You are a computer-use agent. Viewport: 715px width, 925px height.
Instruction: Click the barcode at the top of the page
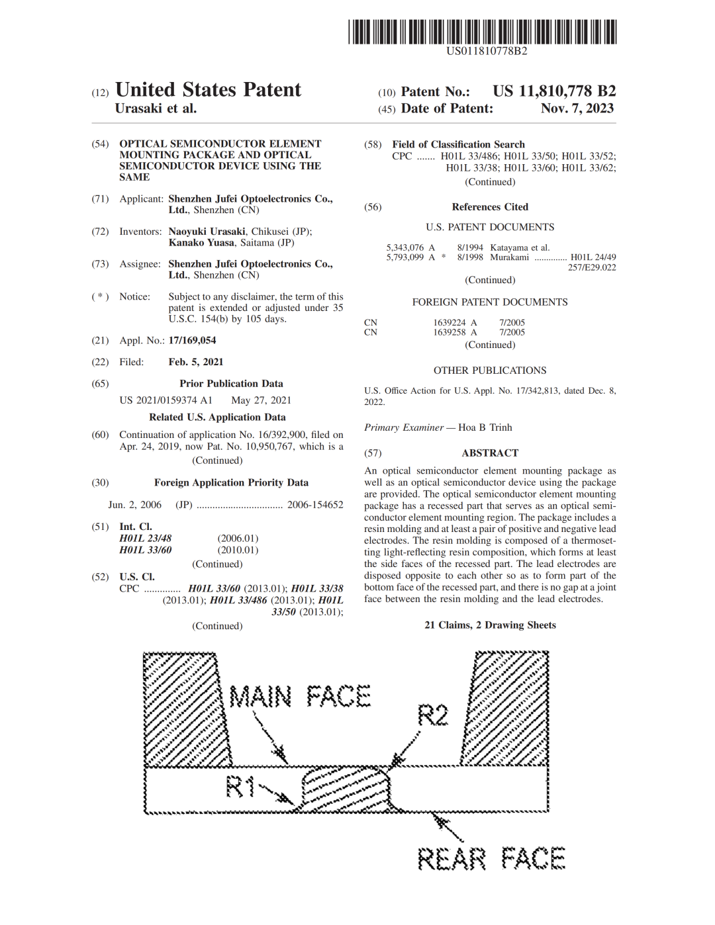(482, 32)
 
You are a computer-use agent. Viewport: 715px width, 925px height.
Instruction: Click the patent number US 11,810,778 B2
(554, 91)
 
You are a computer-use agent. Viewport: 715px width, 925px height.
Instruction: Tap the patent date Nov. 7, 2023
(577, 109)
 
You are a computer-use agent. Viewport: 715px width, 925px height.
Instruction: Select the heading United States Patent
(209, 90)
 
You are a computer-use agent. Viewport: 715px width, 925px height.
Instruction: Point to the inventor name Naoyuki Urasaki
(207, 232)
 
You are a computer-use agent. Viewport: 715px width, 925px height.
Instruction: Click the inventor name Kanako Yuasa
(201, 243)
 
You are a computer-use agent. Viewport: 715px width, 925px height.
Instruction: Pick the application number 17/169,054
(193, 340)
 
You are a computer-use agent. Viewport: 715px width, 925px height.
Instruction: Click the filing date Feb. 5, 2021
(196, 362)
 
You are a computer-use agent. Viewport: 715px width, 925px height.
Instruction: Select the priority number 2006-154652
(315, 505)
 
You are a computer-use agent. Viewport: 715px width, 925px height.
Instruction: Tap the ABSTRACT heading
(490, 453)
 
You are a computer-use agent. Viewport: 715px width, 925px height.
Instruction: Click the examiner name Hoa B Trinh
(485, 427)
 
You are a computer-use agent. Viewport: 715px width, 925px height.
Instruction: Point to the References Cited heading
(490, 207)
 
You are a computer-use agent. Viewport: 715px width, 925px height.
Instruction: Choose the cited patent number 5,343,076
(405, 247)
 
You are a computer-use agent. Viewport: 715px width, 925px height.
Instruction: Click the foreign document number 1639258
(450, 332)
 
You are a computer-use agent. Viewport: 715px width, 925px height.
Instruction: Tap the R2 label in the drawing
(433, 716)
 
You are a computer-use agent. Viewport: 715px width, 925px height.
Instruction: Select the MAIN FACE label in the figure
(300, 696)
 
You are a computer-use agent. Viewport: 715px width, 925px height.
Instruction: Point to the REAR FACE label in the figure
(491, 859)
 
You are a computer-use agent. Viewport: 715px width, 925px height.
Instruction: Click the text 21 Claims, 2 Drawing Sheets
(490, 625)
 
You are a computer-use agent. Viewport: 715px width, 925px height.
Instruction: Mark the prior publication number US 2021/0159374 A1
(166, 400)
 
